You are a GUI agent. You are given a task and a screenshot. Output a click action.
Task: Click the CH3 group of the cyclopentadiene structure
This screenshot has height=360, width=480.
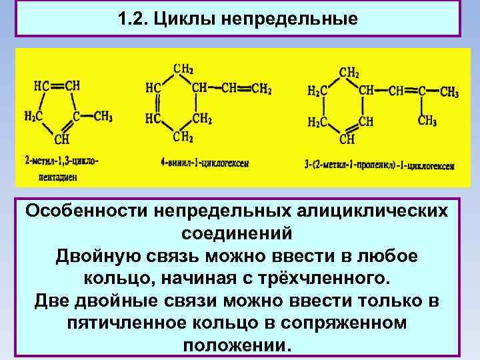pos(103,116)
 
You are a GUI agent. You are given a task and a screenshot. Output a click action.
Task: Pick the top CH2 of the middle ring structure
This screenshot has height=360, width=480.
pos(183,68)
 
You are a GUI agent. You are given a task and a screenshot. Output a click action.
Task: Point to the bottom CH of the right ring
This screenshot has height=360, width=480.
pos(347,139)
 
